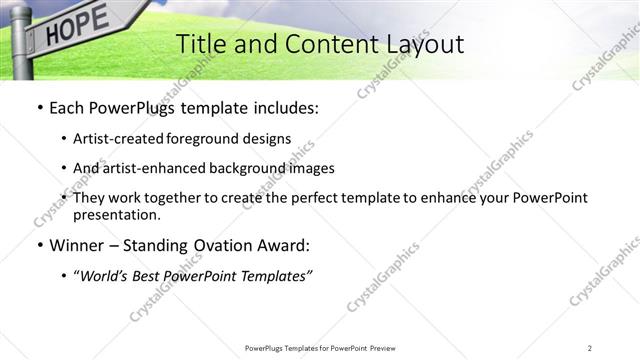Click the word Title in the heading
coord(199,45)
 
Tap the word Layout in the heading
coord(422,45)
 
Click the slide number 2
coord(590,347)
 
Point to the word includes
coord(282,106)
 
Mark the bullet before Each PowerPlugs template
coord(39,106)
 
